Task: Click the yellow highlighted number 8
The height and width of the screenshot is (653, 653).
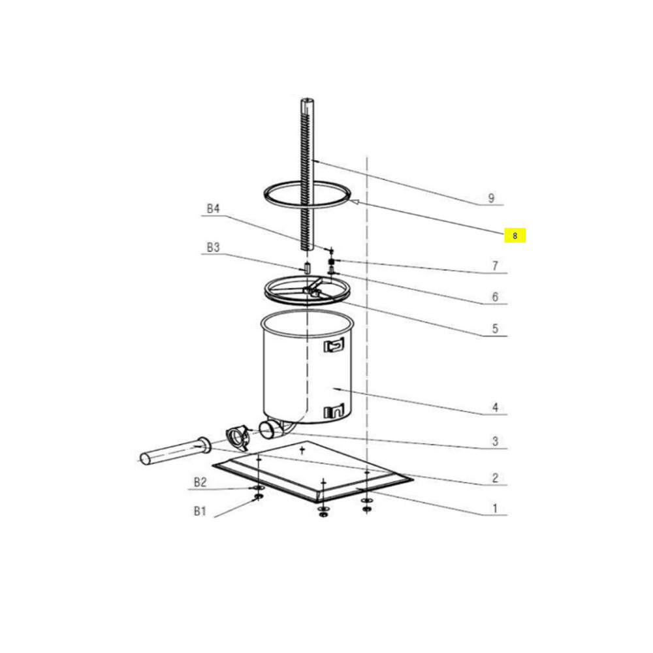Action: [515, 236]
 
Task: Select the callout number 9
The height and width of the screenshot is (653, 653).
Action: [492, 199]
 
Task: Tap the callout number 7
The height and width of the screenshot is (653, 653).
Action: [495, 266]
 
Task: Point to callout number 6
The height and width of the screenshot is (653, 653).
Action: [495, 297]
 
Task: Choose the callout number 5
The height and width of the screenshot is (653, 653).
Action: [495, 328]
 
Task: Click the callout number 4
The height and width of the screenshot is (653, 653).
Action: [495, 407]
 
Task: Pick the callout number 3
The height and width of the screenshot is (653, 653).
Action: [495, 441]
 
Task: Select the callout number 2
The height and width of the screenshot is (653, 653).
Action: [495, 478]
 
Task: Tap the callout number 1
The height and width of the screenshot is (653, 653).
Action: [495, 509]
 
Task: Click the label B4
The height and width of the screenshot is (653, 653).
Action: [214, 208]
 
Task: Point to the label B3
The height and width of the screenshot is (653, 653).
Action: [214, 247]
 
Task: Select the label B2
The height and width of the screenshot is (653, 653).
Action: [200, 483]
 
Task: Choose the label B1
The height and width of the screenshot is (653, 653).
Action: [200, 511]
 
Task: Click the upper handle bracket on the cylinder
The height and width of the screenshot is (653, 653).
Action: [334, 345]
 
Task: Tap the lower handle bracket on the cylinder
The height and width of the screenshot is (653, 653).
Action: [334, 411]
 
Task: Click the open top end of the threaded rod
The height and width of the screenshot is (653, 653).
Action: [308, 101]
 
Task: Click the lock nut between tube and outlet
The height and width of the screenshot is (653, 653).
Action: [238, 438]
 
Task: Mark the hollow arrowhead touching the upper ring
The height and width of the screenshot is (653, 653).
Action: [354, 202]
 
